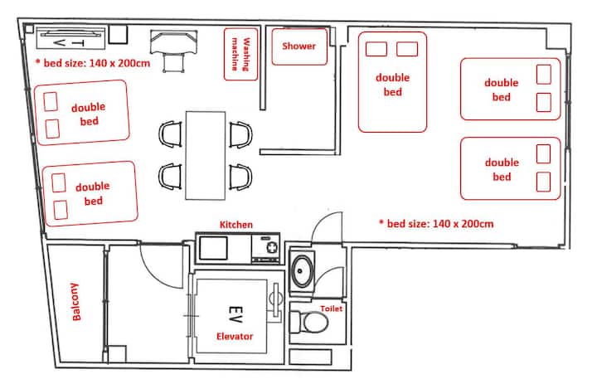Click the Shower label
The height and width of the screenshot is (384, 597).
(298, 46)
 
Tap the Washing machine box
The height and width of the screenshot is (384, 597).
(240, 54)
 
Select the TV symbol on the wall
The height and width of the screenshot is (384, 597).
(70, 38)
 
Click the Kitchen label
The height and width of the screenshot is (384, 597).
(236, 225)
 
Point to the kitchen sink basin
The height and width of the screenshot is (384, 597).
(214, 248)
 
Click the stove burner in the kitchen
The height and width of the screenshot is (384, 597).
(273, 248)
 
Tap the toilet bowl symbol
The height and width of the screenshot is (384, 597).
(308, 323)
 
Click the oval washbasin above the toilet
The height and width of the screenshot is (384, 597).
(302, 271)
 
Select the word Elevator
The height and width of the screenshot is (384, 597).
(235, 337)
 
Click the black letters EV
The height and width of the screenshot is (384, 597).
(235, 314)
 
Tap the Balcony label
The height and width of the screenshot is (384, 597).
(75, 302)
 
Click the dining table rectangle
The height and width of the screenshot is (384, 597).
(206, 155)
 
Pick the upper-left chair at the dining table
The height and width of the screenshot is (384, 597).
(170, 134)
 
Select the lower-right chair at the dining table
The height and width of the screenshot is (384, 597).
(240, 177)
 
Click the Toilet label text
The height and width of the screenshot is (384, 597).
(331, 309)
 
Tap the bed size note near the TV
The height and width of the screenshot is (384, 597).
(93, 63)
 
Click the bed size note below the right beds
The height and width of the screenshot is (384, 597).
(436, 224)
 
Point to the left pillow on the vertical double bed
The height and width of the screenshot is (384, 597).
(376, 49)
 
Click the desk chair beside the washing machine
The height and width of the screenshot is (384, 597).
(174, 51)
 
